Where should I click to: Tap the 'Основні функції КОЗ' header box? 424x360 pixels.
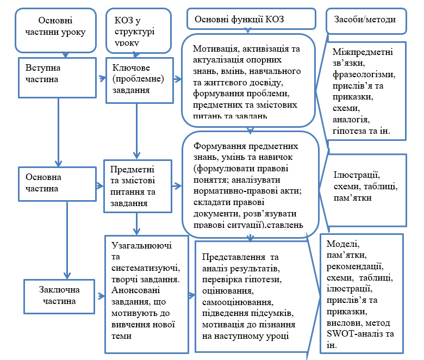[250, 19]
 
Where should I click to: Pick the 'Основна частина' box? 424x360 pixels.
[52, 182]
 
